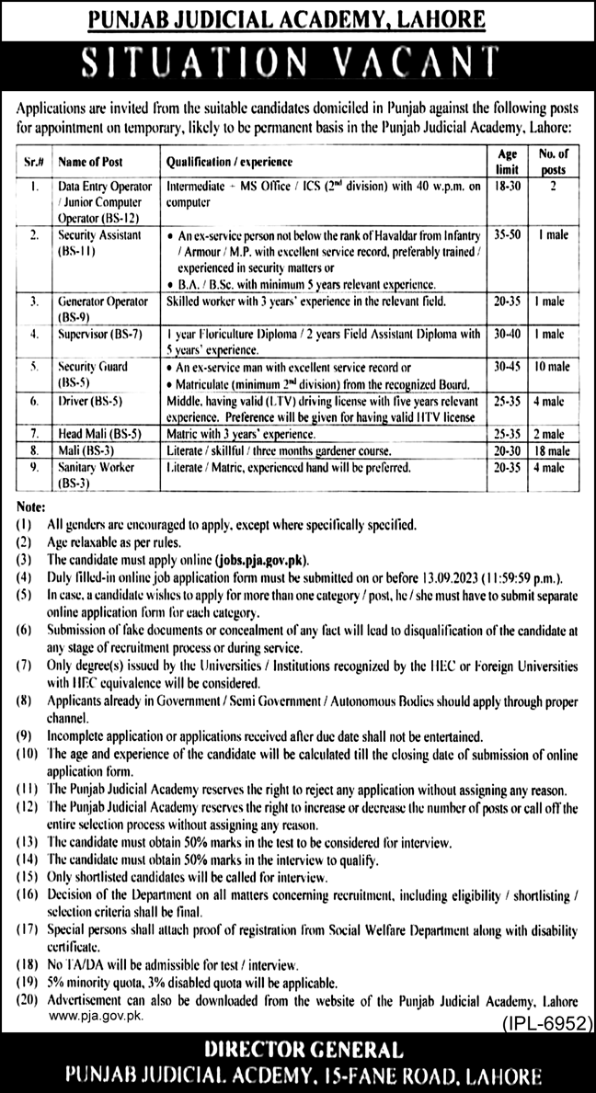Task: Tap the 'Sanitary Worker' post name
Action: click(x=96, y=467)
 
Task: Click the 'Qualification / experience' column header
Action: click(x=229, y=161)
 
